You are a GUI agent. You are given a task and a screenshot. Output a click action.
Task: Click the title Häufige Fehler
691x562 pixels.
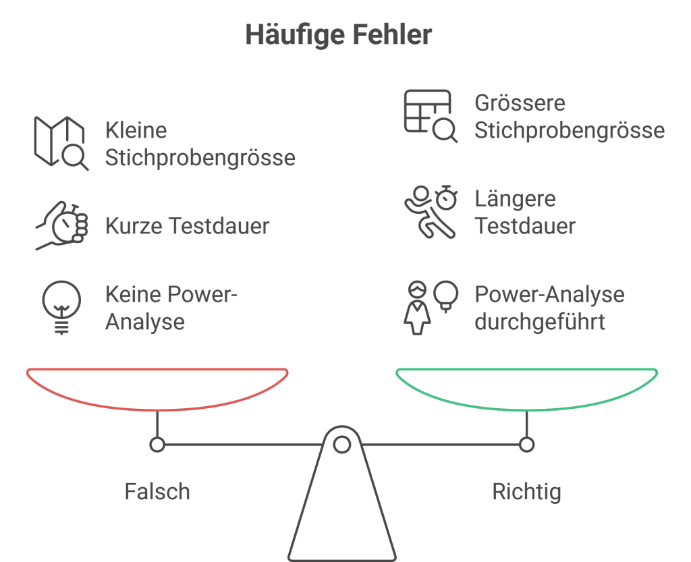[x=338, y=34]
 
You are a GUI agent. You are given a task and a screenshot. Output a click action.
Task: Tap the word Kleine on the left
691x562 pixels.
[x=136, y=130]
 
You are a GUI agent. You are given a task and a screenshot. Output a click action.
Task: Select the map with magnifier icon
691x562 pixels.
[x=60, y=143]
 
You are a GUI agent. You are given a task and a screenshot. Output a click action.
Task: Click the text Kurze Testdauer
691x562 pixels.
[x=187, y=226]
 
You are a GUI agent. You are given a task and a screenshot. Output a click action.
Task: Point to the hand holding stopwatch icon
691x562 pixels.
[x=61, y=225]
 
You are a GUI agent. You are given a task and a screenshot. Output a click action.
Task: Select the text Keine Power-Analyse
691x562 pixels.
[x=171, y=308]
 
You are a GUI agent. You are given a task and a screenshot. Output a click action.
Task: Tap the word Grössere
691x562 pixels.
[x=519, y=103]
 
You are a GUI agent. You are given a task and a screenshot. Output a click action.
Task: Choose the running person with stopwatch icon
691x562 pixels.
[x=430, y=212]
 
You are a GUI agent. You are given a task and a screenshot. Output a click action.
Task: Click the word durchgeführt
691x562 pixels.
[x=539, y=322]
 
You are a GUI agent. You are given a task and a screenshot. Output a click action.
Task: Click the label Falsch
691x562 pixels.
[x=157, y=491]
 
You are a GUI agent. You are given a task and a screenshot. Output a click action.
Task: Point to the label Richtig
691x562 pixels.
[x=526, y=491]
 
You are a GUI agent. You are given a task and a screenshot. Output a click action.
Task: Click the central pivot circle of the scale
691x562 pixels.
[x=342, y=445]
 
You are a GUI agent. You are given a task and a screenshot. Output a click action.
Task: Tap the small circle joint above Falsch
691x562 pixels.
[x=157, y=445]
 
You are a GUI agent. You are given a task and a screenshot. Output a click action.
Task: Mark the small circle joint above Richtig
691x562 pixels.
[x=526, y=445]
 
